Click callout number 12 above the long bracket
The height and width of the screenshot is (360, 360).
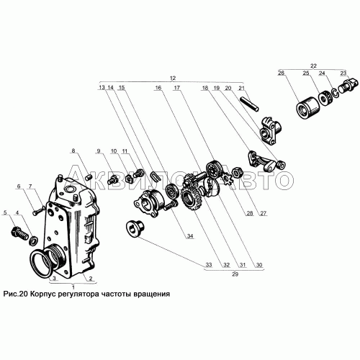tap(173, 78)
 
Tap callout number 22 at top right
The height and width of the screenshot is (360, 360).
tap(313, 66)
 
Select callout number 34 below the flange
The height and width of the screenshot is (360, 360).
tap(190, 236)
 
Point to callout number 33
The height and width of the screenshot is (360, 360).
tap(209, 265)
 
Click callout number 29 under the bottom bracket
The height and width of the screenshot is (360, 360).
tap(235, 274)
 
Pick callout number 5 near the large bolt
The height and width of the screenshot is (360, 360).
tap(5, 212)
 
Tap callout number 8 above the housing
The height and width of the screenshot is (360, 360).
tap(73, 150)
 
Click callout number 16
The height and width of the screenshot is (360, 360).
tap(158, 88)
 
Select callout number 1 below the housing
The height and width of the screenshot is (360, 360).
tap(73, 287)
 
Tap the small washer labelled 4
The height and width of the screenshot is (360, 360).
tap(33, 240)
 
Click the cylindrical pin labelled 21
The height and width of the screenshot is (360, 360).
tap(250, 104)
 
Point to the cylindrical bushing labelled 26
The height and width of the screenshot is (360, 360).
tap(308, 107)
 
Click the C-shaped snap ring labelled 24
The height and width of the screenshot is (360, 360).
tap(336, 93)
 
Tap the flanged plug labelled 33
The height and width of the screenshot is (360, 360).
tap(135, 228)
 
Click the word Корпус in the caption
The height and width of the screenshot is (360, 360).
tap(43, 294)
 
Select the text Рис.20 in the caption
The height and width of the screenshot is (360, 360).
tap(16, 294)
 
